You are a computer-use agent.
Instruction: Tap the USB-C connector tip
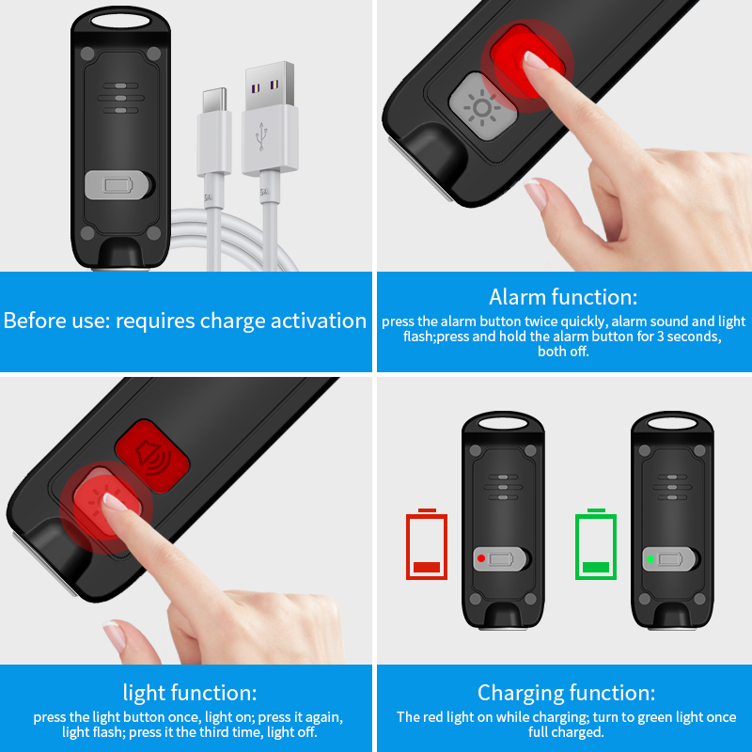point(214,100)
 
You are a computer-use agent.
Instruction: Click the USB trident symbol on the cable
point(261,136)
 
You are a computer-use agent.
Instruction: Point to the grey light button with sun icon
point(481,106)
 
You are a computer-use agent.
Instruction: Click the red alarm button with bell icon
point(152,456)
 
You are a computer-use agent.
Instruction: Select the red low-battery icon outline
point(427,544)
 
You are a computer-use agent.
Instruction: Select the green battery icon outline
point(596,544)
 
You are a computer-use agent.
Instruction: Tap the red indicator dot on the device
point(481,558)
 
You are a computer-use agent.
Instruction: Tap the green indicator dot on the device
point(650,558)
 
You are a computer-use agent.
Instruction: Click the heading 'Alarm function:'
point(563,297)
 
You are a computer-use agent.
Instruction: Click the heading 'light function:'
point(190,693)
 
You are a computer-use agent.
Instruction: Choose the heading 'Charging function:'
point(567,693)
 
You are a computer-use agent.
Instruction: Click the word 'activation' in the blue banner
point(319,321)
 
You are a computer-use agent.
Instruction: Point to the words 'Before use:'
point(57,321)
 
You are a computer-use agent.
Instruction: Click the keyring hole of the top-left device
point(120,21)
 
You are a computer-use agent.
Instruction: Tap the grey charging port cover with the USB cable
point(119,184)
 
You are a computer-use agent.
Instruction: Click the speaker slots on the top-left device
point(121,98)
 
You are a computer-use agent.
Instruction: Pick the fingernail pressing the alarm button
point(535,60)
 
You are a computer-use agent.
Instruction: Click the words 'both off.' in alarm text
point(563,352)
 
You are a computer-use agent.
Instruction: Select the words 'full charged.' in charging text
point(566,732)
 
